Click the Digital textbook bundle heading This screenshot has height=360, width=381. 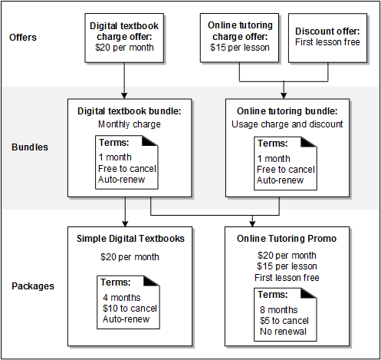[x=129, y=111]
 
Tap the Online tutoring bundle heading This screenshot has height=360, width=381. [x=287, y=111]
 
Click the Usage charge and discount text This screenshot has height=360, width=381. [x=287, y=123]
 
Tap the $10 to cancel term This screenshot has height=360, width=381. [x=130, y=309]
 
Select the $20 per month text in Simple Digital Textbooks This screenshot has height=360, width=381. [x=129, y=257]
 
